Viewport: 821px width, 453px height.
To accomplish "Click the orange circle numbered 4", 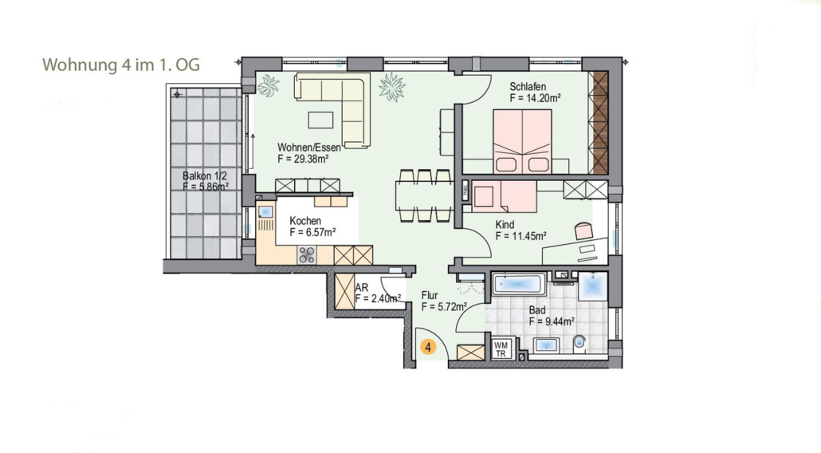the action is (x=428, y=347).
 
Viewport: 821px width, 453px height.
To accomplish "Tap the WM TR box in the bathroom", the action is (x=501, y=349).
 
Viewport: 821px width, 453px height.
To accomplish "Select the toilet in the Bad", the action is (x=579, y=344).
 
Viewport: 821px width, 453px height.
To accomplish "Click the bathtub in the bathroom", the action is (x=517, y=285).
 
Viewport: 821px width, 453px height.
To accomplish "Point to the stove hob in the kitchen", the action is (x=306, y=255).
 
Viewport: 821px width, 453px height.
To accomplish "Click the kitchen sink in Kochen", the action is (x=266, y=212).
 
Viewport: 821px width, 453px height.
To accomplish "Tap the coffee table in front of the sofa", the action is (x=321, y=120).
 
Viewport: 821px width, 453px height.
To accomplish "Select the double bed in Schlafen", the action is (x=522, y=141).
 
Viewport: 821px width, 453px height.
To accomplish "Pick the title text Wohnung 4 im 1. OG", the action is (x=121, y=65).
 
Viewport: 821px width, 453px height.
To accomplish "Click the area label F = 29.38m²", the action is (x=303, y=160).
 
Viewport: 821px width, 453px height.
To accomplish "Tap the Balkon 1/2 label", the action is (x=205, y=176).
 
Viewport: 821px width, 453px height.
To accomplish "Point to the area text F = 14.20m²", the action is (x=536, y=98).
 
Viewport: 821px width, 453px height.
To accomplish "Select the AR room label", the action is (x=361, y=288).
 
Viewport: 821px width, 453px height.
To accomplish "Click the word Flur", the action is (x=430, y=295).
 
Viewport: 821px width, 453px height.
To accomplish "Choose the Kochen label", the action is (x=305, y=221).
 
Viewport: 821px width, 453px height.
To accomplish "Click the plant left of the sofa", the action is (x=269, y=85).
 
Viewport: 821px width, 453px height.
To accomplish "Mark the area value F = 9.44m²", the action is (x=552, y=321).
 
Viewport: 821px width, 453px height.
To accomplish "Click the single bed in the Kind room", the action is (x=505, y=196).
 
